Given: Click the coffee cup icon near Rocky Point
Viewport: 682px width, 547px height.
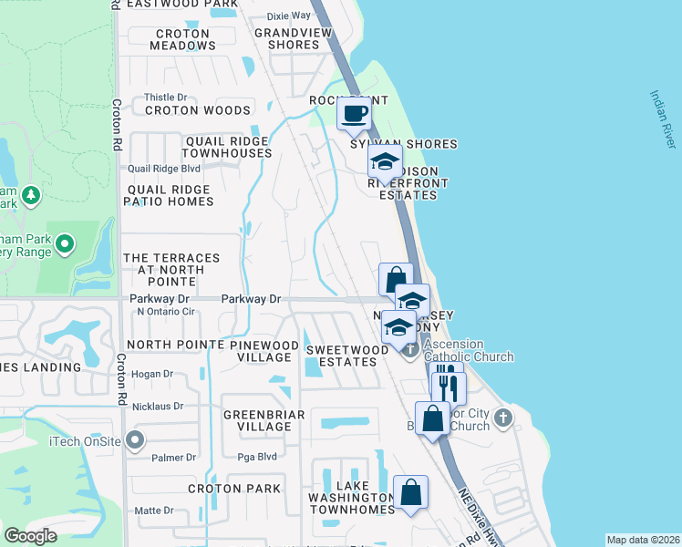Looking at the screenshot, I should point(355,114).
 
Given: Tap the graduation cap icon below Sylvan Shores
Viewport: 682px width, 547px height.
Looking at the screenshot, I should point(385,162).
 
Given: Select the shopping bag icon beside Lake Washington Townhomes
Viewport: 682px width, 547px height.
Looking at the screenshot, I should point(410,491).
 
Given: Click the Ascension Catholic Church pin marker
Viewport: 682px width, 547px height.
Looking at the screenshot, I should point(410,349).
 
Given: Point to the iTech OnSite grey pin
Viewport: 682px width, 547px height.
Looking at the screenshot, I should point(136,441).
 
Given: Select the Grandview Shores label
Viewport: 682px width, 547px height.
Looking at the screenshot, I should point(286,39).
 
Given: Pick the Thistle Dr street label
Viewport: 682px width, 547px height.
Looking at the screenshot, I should point(165,98).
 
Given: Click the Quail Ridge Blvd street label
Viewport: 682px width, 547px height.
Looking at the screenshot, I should point(163,169).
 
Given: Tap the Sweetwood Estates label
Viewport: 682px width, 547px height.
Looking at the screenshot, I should point(341,356).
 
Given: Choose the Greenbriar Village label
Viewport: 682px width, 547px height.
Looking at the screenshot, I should point(258,420).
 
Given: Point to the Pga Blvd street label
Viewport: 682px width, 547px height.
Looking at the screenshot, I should point(256,458).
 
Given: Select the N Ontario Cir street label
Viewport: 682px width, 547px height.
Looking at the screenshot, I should point(168,312).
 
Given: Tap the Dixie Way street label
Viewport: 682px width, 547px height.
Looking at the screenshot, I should point(288,16).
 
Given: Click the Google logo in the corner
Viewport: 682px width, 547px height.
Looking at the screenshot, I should point(30,536).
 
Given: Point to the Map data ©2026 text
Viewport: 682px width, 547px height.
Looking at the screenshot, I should point(643,540).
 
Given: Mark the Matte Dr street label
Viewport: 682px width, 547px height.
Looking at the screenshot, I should point(153,511).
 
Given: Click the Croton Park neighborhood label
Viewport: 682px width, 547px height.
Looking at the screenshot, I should point(234,488).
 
